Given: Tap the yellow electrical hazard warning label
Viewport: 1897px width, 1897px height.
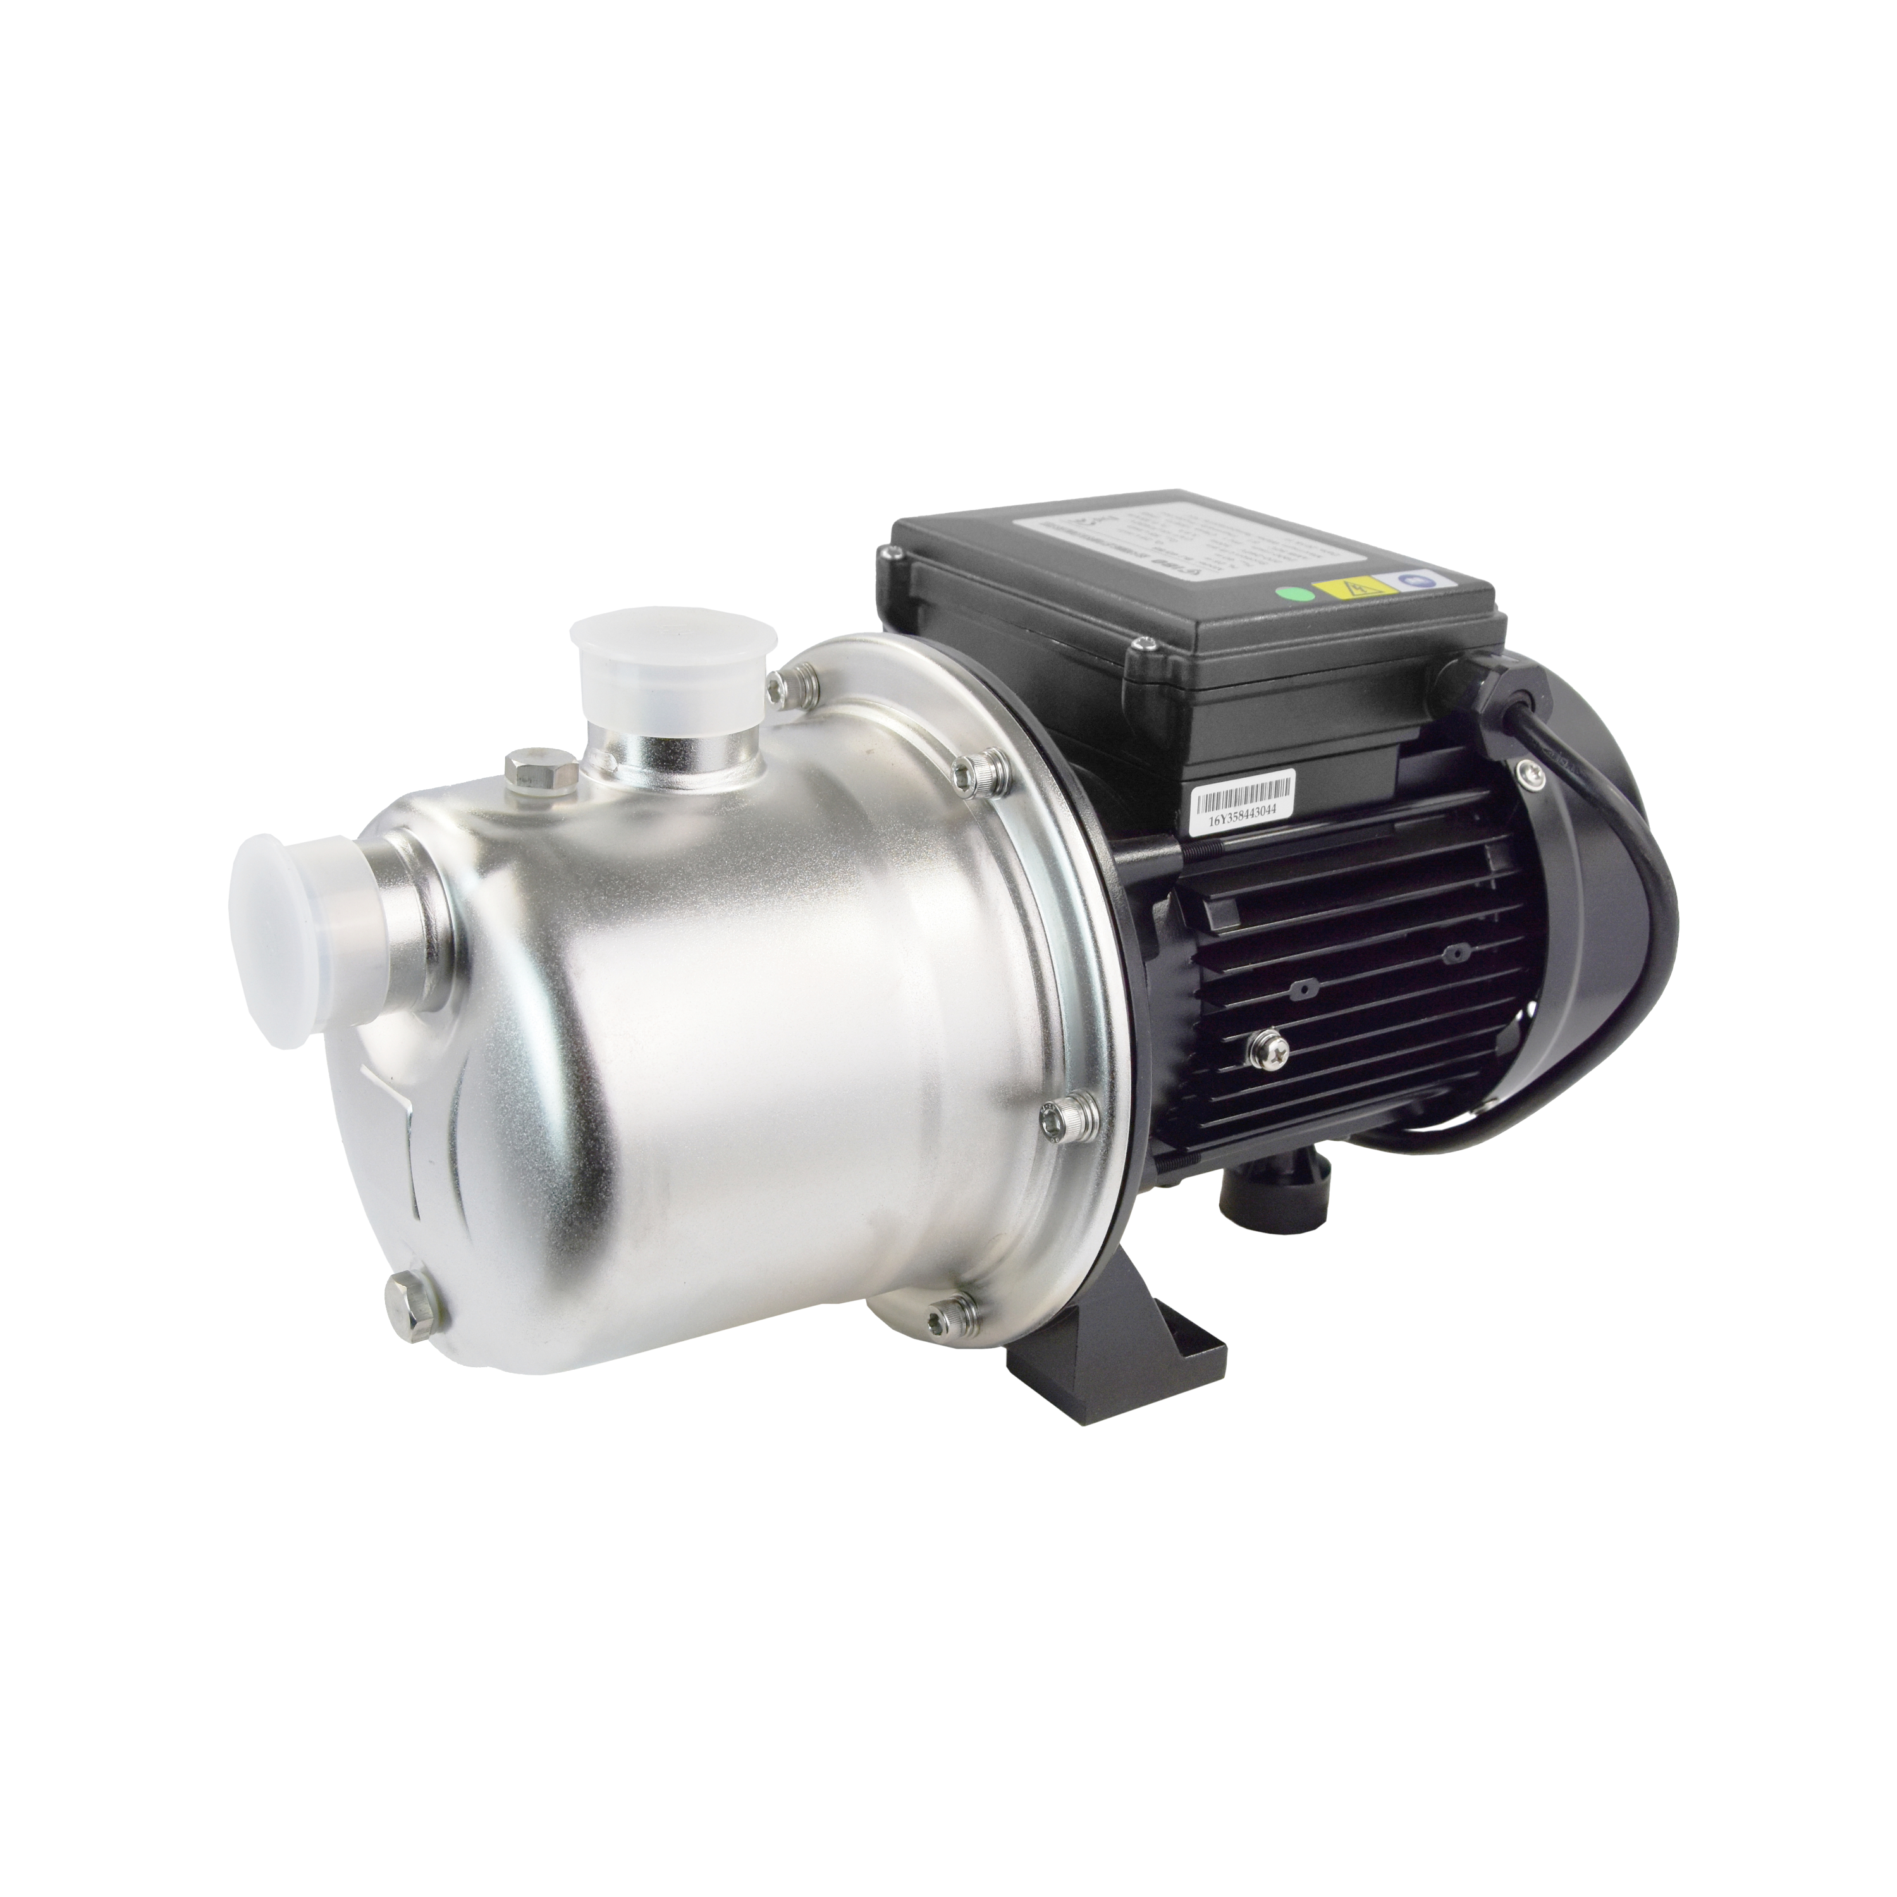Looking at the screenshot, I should point(1356,589).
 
